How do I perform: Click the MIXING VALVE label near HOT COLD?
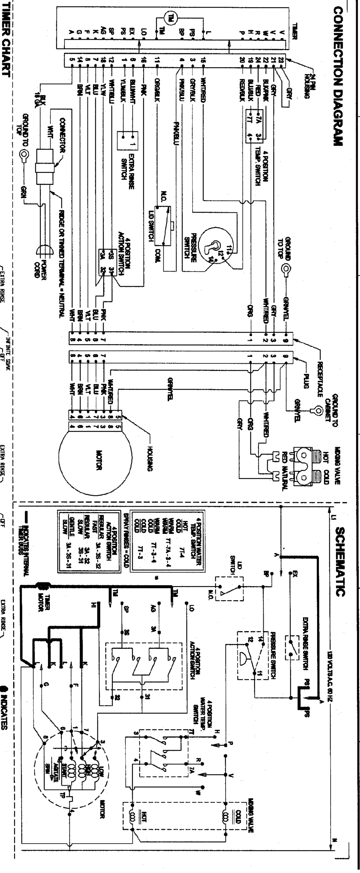tap(337, 465)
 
